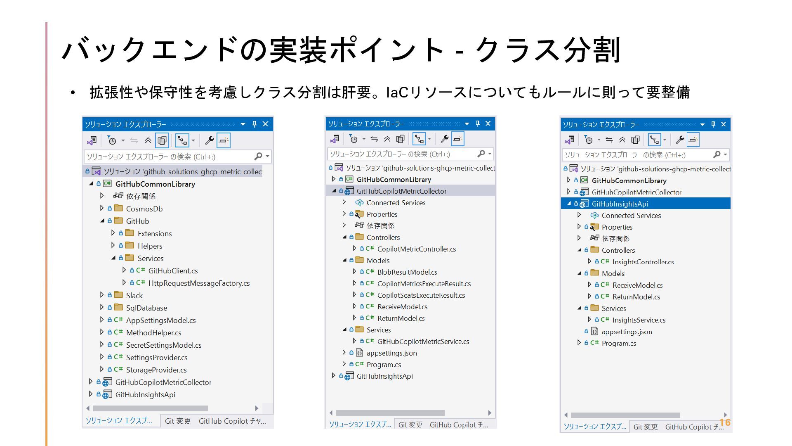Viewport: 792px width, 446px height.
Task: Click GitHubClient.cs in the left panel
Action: pos(173,271)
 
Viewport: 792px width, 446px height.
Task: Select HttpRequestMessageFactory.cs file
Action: pos(199,283)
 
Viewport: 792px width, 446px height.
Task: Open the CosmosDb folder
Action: pos(144,209)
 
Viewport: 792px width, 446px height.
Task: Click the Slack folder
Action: pos(134,296)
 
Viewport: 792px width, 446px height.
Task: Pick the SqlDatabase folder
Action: pos(146,308)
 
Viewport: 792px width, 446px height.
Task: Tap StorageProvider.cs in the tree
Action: pos(156,370)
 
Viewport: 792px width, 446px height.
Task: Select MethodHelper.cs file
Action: pos(153,333)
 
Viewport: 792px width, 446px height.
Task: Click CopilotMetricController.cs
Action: pos(416,249)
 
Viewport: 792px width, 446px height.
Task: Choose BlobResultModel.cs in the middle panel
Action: pos(407,272)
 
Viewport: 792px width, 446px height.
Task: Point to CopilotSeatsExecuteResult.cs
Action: pos(421,295)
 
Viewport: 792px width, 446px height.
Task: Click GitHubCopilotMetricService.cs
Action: pos(423,342)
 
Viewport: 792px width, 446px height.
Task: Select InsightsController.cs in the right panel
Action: pos(643,262)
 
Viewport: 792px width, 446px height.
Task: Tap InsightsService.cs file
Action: pos(639,320)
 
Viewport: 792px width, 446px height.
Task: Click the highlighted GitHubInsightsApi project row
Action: pos(620,204)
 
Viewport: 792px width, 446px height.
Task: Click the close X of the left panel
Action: pos(266,124)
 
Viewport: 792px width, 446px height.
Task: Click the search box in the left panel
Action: pos(169,157)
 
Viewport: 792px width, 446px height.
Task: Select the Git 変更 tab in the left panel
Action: pos(178,421)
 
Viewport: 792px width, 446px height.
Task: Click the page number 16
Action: pos(725,422)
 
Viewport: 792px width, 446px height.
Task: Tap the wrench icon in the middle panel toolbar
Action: pos(444,139)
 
